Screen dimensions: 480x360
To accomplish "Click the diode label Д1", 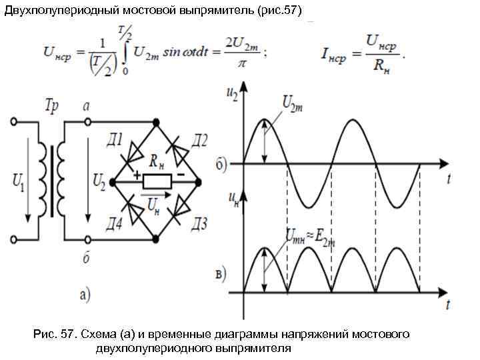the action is pos(113,141).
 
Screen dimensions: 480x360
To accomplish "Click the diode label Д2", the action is pos(198,140).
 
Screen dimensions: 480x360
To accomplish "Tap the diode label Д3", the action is pos(198,221).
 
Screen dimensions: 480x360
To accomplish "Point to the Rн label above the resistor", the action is pos(157,161).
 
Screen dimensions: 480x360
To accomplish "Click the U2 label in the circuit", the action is pos(99,179).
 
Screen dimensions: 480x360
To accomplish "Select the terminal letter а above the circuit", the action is pos(86,107).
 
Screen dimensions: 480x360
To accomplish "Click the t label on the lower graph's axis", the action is pos(448,305).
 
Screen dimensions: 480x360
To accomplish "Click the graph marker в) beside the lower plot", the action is pos(221,273).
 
